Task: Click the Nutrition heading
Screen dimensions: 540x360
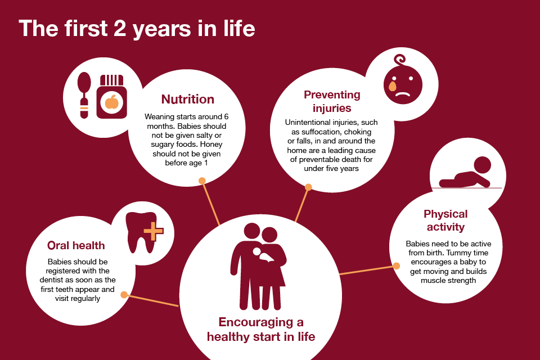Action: pos(188,99)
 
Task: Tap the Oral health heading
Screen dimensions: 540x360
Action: pos(76,245)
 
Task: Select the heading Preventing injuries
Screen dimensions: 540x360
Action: pos(332,101)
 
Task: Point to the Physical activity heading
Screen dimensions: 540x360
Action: pos(445,220)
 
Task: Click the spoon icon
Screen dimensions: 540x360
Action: pos(84,95)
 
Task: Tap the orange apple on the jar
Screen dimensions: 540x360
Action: pos(111,102)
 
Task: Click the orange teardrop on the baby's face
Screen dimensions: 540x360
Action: pos(392,85)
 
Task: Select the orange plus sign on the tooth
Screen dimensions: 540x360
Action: pos(153,231)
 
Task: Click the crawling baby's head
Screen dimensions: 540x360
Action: pos(482,165)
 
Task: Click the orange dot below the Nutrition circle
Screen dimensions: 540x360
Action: pos(202,181)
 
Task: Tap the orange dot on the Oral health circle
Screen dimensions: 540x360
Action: pos(124,295)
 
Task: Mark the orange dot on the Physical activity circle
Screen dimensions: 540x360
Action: pos(397,266)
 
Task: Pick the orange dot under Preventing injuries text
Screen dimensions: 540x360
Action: pos(308,187)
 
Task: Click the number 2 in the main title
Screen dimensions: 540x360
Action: pos(119,28)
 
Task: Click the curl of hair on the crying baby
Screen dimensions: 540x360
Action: pos(400,60)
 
